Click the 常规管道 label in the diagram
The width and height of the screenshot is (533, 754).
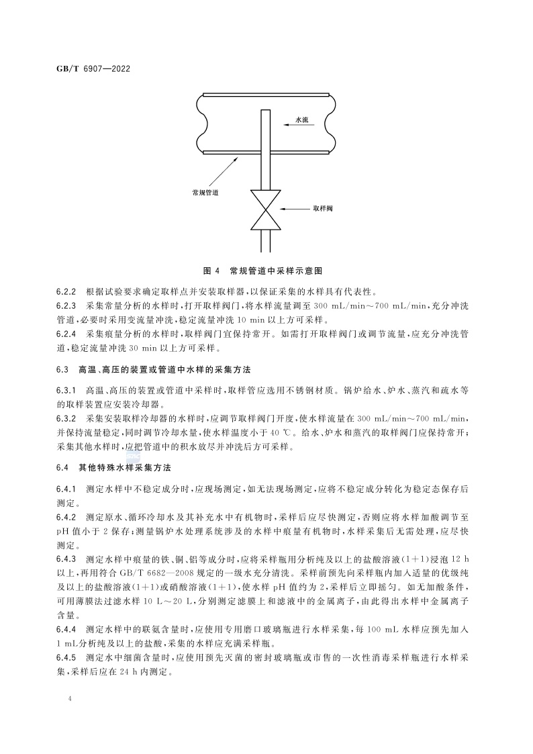click(x=205, y=192)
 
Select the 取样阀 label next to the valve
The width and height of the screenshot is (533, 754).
click(x=323, y=208)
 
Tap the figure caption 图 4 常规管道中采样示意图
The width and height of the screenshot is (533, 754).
click(x=263, y=271)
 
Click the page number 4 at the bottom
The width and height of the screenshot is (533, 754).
click(x=70, y=700)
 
